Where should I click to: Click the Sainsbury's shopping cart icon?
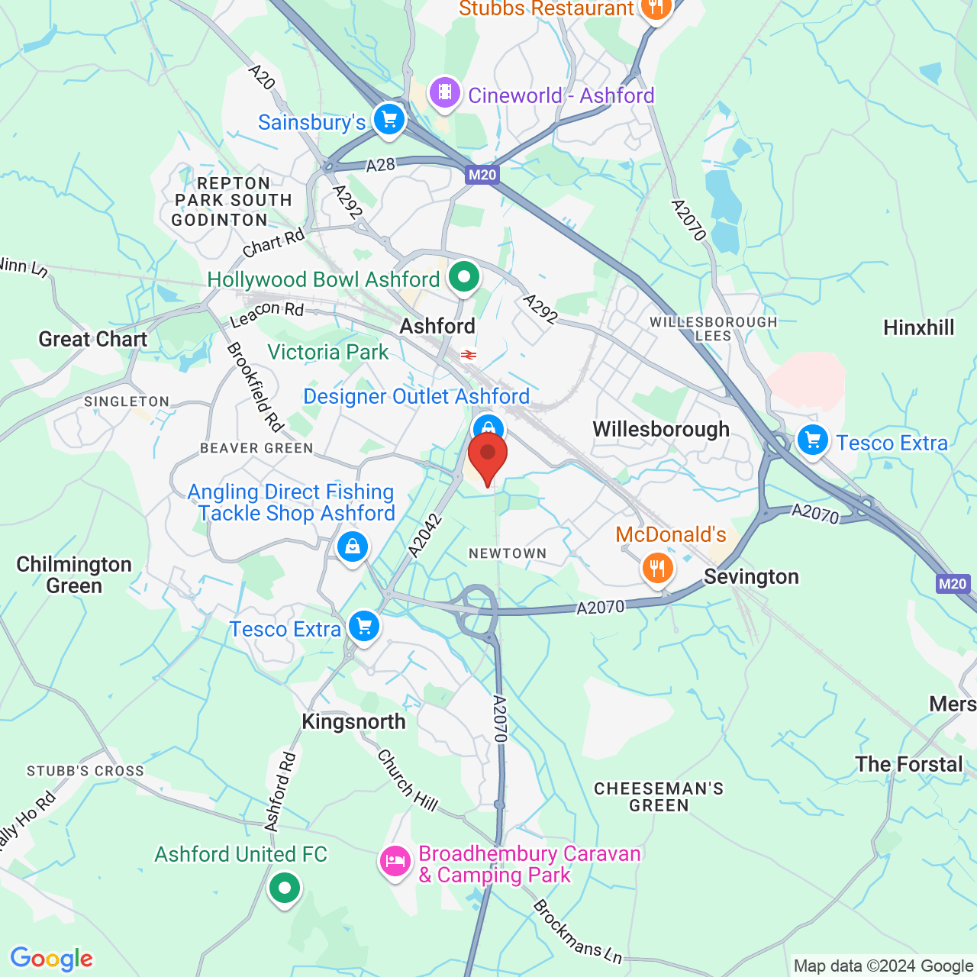coord(389,120)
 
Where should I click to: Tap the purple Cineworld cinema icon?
coord(444,94)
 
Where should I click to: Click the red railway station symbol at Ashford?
coord(469,355)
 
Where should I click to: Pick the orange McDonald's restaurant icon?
coord(657,568)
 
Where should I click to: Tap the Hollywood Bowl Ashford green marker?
coord(463,277)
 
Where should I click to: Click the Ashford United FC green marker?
coord(285,888)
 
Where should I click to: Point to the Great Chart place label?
coord(93,339)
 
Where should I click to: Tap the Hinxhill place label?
coord(919,327)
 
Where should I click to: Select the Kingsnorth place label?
coord(353,721)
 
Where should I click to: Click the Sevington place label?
coord(751,576)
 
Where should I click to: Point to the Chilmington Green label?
coord(74,575)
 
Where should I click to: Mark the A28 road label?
coord(380,165)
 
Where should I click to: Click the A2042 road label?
coord(425,535)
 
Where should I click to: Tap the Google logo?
coord(52,958)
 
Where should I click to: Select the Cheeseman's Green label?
coord(659,797)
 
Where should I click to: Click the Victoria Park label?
coord(327,352)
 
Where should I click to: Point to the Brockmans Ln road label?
coord(577,931)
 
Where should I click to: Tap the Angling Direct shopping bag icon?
coord(352,547)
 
